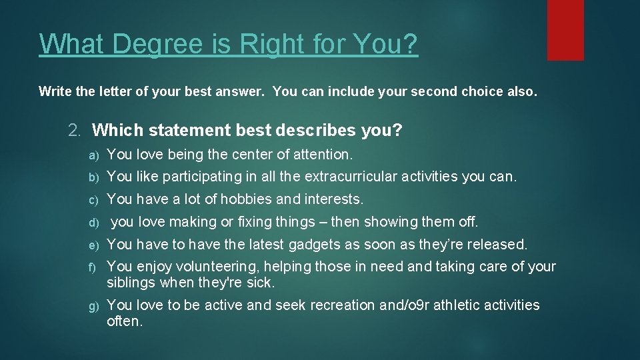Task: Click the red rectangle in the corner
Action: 565,29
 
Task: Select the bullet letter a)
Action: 94,155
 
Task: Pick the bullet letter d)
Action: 94,222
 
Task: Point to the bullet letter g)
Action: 94,306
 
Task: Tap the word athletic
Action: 451,305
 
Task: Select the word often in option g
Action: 125,321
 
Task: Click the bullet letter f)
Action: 94,267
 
